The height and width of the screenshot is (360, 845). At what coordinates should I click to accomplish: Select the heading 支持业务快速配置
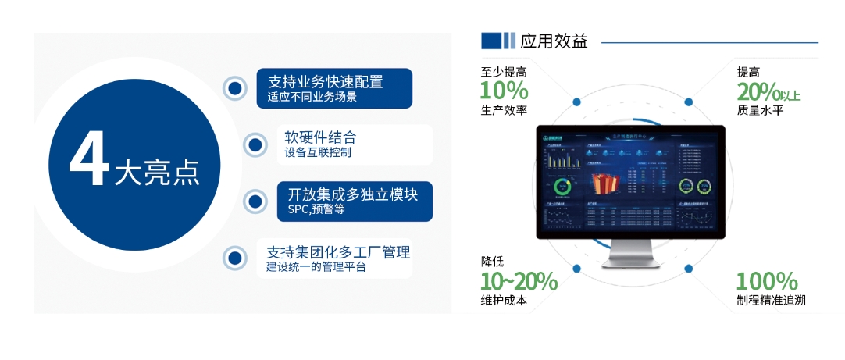326,81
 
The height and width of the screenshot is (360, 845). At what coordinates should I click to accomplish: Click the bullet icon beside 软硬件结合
254,144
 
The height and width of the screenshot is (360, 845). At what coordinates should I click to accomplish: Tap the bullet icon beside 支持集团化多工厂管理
234,258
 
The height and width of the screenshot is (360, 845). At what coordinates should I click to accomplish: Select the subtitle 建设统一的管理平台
316,267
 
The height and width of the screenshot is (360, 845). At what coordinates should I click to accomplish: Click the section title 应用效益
554,41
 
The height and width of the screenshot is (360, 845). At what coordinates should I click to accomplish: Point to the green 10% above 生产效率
504,91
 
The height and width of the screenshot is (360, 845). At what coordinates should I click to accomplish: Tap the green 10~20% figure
519,281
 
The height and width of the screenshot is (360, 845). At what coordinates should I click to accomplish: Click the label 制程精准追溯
770,301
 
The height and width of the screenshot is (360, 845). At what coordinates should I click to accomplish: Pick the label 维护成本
504,301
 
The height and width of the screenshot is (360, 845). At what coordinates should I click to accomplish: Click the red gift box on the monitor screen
604,185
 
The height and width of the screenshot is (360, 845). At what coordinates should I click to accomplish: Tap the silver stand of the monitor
630,255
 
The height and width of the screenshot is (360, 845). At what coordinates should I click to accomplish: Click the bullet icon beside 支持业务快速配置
234,88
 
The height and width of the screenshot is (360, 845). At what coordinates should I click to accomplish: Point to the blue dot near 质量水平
689,102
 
